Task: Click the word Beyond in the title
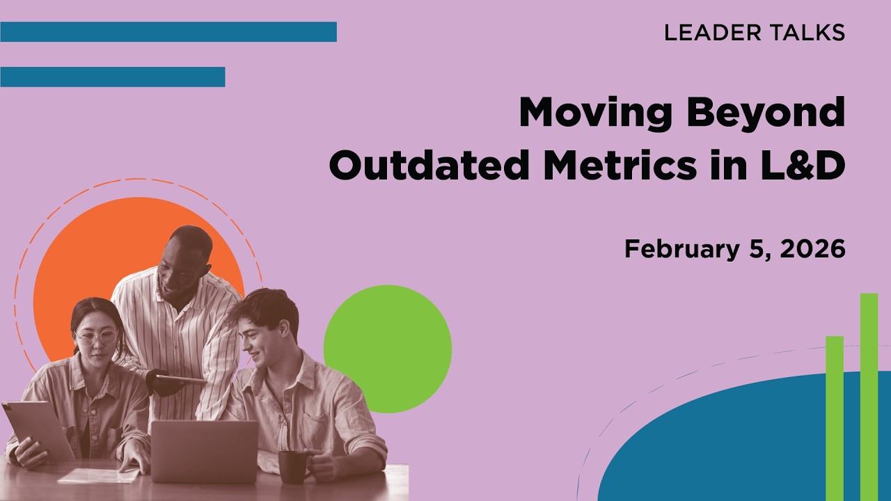[x=766, y=112]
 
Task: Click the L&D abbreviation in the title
[x=801, y=166]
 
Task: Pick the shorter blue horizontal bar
[x=112, y=77]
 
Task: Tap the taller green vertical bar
[x=869, y=397]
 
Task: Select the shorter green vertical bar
[x=835, y=417]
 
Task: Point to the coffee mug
[x=293, y=466]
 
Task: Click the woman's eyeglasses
[x=95, y=338]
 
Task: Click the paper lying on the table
[x=97, y=475]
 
